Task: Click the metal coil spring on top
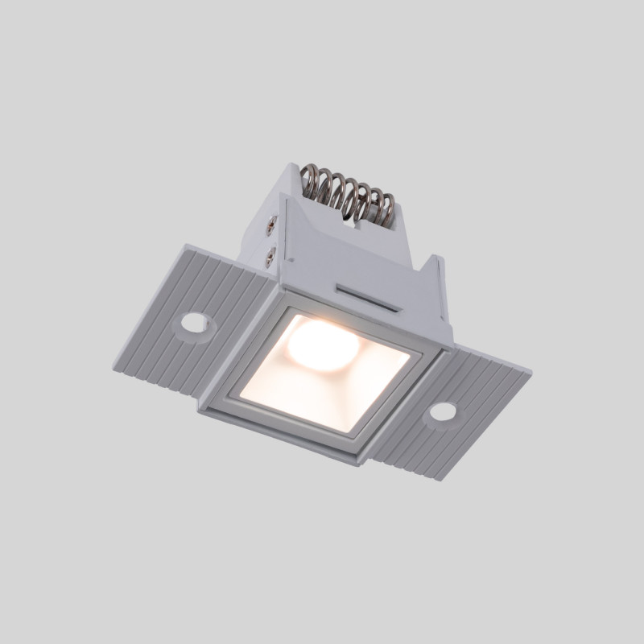pyautogui.click(x=348, y=193)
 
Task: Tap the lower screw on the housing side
pyautogui.click(x=271, y=256)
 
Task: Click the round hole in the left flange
pyautogui.click(x=193, y=323)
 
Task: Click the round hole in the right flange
pyautogui.click(x=441, y=412)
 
